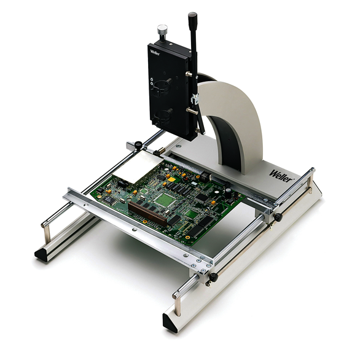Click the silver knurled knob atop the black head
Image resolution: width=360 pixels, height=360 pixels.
[162, 30]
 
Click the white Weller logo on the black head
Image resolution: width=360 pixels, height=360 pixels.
[155, 53]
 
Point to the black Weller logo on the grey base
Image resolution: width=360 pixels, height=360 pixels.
[281, 176]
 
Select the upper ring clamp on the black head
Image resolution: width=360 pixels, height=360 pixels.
[161, 87]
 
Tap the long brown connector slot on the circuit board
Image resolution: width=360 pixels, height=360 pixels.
[147, 214]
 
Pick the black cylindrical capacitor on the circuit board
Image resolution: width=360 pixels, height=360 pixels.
[228, 193]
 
